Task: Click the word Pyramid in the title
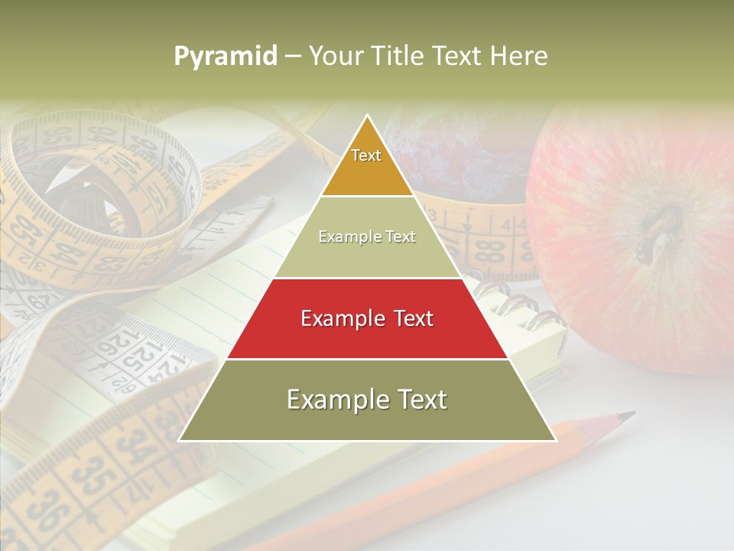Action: (225, 57)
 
